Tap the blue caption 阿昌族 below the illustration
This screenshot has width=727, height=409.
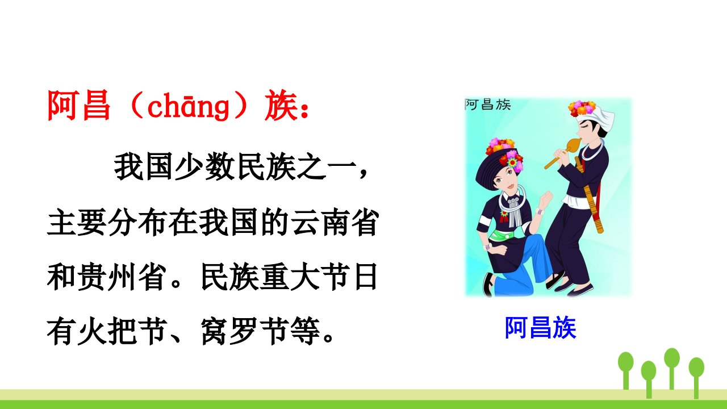(x=540, y=328)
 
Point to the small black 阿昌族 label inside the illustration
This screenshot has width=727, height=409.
(x=488, y=105)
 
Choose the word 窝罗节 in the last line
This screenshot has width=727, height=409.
(x=244, y=331)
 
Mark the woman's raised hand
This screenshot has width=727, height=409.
(x=545, y=199)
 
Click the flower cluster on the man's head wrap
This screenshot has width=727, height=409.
(x=582, y=108)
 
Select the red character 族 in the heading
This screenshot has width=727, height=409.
(x=281, y=106)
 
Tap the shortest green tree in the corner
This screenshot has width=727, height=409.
(x=649, y=379)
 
